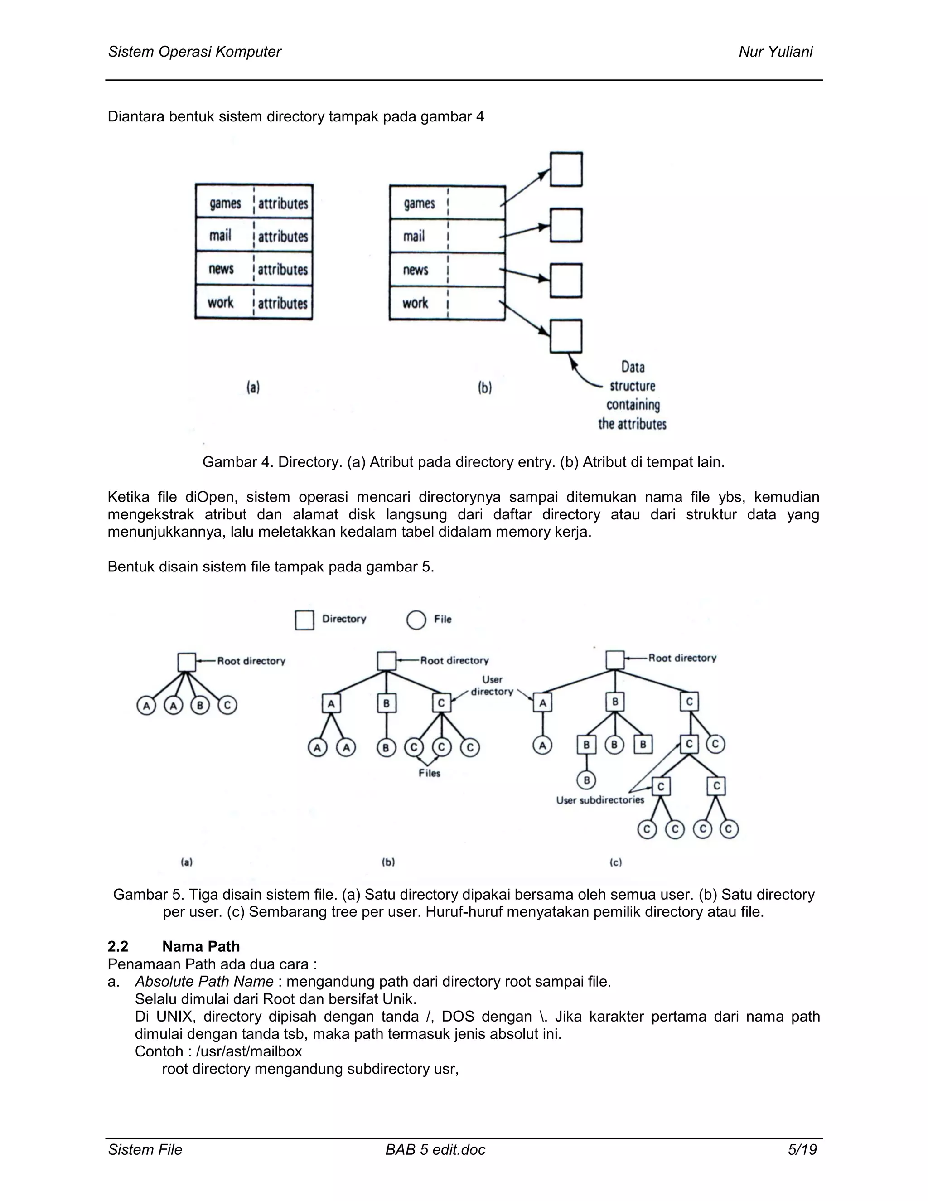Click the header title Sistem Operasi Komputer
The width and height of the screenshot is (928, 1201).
(x=194, y=52)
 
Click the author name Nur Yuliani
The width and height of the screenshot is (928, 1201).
(x=775, y=52)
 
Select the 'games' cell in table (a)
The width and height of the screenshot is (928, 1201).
(x=225, y=203)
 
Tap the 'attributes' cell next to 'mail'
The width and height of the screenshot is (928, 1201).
(x=283, y=237)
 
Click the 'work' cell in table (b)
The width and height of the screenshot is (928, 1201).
(x=415, y=303)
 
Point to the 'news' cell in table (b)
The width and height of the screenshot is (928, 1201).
(x=415, y=270)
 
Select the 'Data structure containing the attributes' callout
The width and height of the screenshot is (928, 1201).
(x=632, y=395)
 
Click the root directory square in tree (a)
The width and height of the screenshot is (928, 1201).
(x=187, y=662)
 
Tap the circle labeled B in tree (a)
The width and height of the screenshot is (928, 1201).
(x=200, y=706)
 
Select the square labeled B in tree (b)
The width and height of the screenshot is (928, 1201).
(x=387, y=703)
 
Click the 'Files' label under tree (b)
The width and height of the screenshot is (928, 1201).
(x=430, y=773)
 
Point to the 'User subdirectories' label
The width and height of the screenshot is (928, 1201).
(x=600, y=800)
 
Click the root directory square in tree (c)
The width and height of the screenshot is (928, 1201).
(x=614, y=660)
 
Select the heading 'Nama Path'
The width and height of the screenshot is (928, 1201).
(x=201, y=946)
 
